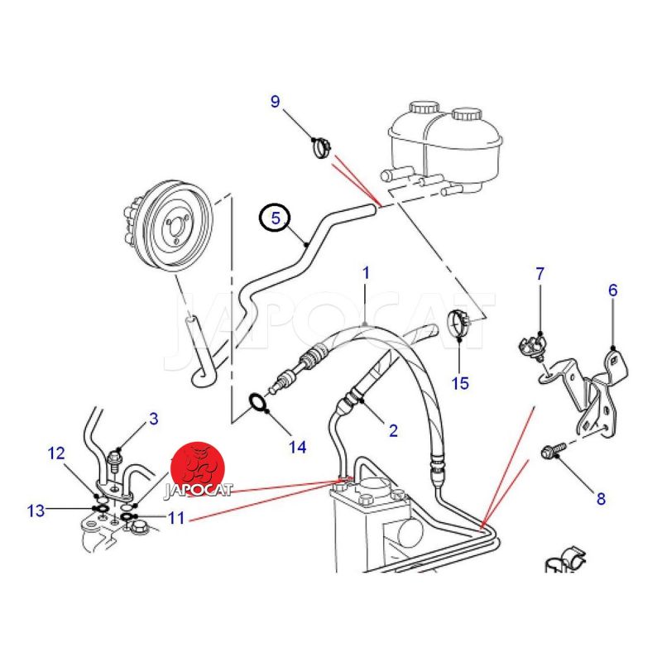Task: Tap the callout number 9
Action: (x=276, y=102)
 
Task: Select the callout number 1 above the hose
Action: (x=366, y=271)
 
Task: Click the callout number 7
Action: (x=540, y=273)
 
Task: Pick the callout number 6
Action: (x=612, y=290)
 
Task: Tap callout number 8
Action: (x=601, y=498)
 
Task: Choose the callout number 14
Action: (x=297, y=447)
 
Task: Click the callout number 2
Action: (x=393, y=429)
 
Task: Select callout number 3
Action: (x=153, y=419)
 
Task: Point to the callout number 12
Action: (x=55, y=453)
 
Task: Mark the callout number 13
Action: (x=36, y=511)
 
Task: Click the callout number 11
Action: (x=175, y=519)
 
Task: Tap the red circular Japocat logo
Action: (x=199, y=468)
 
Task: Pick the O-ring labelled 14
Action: (x=259, y=405)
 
